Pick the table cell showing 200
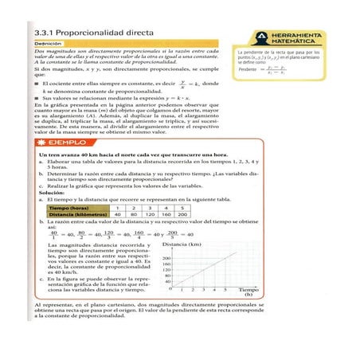point(182,215)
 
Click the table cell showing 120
point(150,215)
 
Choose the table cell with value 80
point(134,215)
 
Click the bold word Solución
point(51,193)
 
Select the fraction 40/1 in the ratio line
point(53,234)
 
